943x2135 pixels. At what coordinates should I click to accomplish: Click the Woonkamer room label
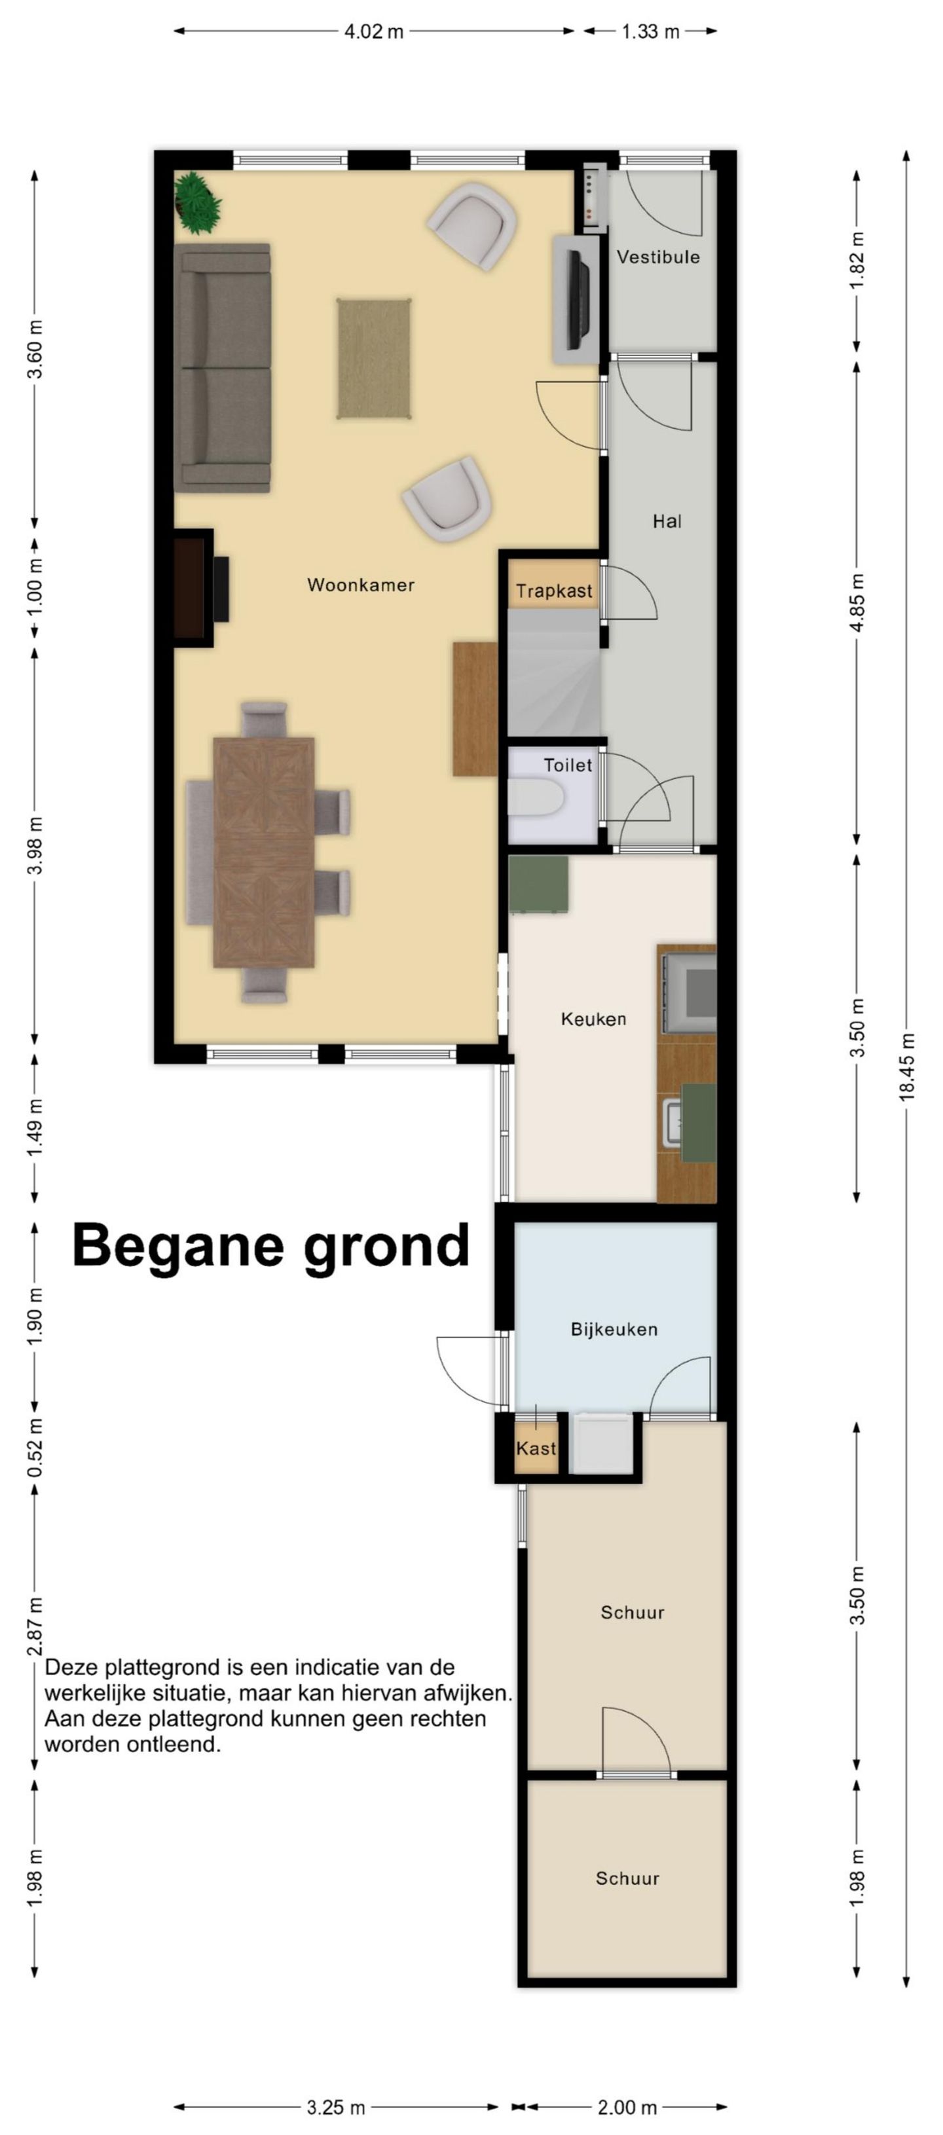(x=360, y=585)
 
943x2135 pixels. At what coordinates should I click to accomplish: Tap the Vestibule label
(x=658, y=257)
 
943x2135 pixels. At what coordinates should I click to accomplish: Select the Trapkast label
(x=553, y=591)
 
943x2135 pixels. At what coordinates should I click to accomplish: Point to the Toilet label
(x=568, y=765)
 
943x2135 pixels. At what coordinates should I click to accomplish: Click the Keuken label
(x=593, y=1019)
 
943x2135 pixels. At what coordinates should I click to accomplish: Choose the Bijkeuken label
(x=614, y=1330)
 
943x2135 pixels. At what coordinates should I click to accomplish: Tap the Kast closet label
(x=535, y=1449)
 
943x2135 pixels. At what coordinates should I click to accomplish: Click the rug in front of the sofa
(x=375, y=358)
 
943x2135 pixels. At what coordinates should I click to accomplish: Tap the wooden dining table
(x=263, y=852)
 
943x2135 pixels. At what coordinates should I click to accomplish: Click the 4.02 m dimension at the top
(x=374, y=32)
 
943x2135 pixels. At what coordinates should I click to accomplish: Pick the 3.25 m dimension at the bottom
(x=335, y=2108)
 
